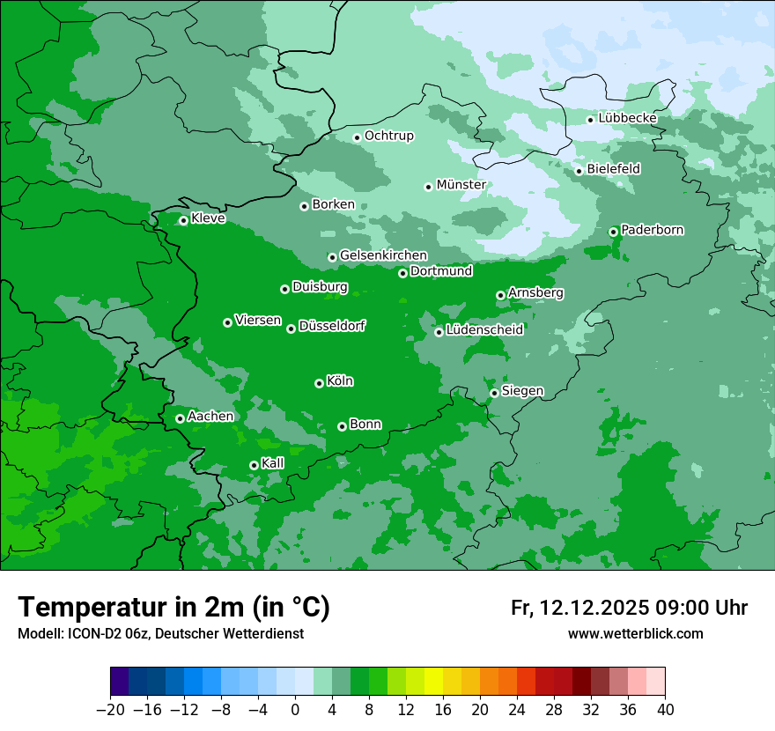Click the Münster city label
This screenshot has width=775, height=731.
461,185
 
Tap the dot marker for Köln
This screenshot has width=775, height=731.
319,383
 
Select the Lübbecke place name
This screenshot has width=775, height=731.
627,118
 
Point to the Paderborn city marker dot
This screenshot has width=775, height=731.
613,232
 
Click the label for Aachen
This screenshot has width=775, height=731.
210,417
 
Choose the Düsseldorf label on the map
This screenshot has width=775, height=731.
331,326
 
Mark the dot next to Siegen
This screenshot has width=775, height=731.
494,393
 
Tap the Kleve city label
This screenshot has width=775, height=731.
208,218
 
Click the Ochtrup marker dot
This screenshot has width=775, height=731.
357,137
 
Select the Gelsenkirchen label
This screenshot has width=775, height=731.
383,255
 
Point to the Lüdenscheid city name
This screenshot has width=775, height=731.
484,330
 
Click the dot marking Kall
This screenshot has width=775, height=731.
254,465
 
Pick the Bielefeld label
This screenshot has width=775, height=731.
613,168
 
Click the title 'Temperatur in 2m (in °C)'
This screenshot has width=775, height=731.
174,608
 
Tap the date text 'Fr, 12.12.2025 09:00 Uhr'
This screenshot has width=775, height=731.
629,608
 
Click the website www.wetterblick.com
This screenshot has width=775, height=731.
635,633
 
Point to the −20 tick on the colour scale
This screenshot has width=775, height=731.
110,710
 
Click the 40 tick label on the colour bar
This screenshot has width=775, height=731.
665,710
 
